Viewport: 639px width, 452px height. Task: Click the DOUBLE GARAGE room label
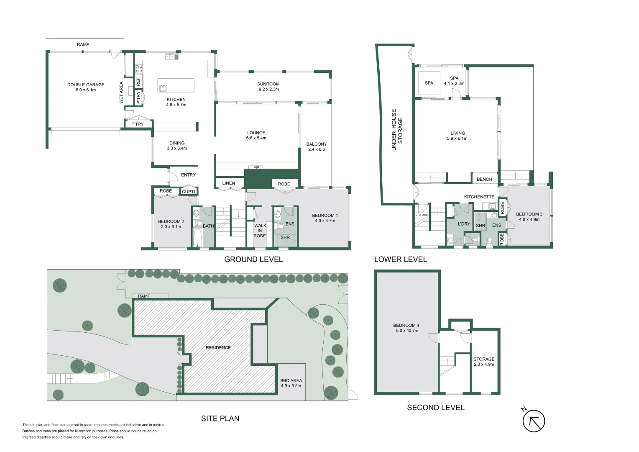tap(86, 87)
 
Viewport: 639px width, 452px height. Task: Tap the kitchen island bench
tap(176, 85)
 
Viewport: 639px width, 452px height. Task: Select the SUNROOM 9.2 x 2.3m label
tap(268, 87)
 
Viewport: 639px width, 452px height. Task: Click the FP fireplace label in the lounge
tap(256, 167)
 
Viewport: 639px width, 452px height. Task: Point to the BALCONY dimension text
tap(317, 149)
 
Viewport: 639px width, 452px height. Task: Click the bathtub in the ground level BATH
tap(197, 237)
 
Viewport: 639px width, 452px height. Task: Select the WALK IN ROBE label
tap(260, 231)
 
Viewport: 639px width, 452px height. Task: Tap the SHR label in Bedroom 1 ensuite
tap(285, 238)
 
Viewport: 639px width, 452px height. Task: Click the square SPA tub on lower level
tap(429, 83)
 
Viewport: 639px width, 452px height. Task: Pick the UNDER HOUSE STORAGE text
tap(397, 130)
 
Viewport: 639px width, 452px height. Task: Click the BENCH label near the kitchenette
tap(484, 180)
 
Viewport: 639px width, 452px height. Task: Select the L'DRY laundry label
tap(464, 224)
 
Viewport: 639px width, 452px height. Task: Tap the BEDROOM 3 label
tap(529, 217)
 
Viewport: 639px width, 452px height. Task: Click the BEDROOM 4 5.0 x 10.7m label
tap(406, 328)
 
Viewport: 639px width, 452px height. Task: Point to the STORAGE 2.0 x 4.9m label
tap(484, 362)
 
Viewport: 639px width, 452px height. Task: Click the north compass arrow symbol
tap(534, 421)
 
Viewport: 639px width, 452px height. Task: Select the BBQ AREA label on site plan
tap(291, 383)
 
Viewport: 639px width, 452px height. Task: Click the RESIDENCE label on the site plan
tap(218, 348)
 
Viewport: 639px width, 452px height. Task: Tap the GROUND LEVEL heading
tap(253, 259)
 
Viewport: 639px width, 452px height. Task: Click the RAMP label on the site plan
tap(144, 296)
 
